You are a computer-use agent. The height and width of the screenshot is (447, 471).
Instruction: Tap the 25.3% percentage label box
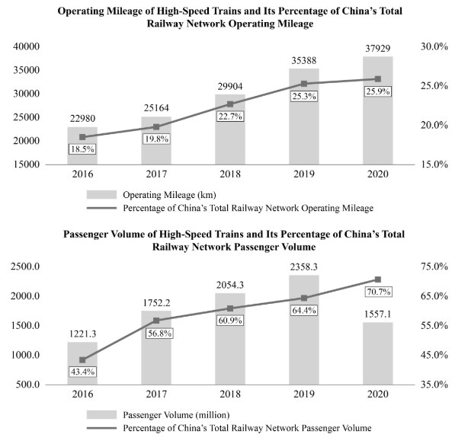tap(304, 96)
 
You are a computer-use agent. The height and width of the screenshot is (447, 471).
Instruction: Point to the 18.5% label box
tap(82, 149)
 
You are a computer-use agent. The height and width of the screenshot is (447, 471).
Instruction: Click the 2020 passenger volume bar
tap(378, 353)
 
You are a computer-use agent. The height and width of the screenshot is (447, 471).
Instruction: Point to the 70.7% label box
tap(378, 292)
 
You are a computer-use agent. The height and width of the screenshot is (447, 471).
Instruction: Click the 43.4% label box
tap(82, 371)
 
